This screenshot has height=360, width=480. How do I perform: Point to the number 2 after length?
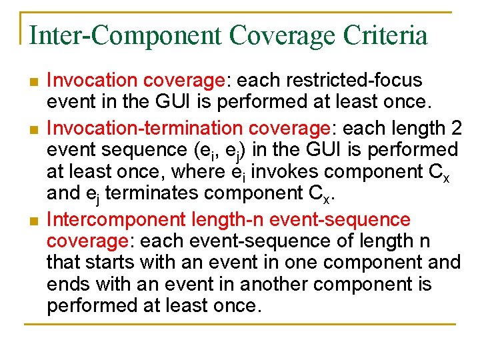pos(453,127)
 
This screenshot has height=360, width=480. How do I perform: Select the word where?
pos(197,172)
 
